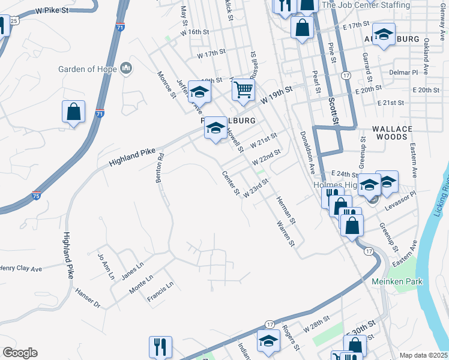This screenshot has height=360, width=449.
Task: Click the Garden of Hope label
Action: (87, 69)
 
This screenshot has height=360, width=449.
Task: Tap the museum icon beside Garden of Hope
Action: (126, 68)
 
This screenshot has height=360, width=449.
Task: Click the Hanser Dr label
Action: (88, 298)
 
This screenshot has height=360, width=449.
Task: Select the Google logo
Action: (20, 353)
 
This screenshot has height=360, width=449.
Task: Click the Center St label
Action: (231, 184)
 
